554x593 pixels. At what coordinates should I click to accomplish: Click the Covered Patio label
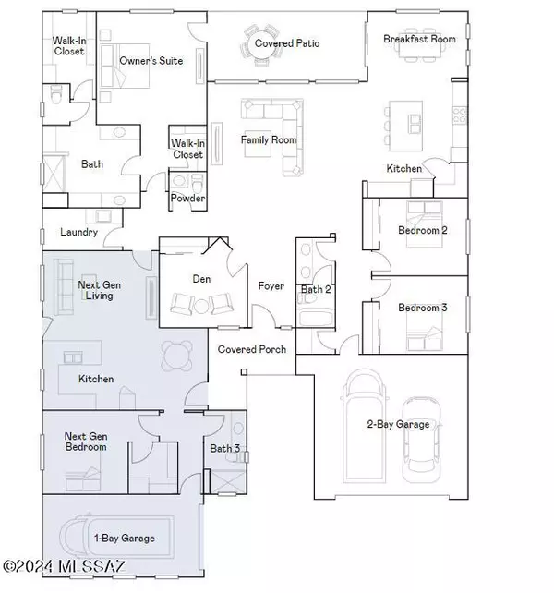click(287, 43)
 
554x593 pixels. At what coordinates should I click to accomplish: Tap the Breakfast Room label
click(419, 39)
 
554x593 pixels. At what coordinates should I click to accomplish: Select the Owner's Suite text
click(151, 61)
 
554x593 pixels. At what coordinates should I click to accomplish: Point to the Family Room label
click(269, 139)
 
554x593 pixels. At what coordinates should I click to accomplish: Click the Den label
click(201, 279)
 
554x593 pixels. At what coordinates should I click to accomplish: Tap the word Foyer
click(271, 286)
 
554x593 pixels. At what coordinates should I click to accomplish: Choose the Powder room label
click(187, 198)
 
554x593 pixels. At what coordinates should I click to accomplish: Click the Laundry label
click(79, 232)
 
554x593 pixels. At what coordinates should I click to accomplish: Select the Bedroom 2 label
click(422, 230)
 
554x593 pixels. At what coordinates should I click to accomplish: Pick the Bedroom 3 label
click(422, 308)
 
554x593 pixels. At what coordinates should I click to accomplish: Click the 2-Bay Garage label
click(398, 424)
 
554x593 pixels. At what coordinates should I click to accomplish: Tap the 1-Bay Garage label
click(125, 538)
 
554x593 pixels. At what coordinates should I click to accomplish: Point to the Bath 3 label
click(224, 449)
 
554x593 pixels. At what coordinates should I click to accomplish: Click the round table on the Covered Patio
click(259, 45)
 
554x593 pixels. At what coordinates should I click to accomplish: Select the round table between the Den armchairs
click(200, 306)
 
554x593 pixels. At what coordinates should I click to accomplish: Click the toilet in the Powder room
click(198, 183)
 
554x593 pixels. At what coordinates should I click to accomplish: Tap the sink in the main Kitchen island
click(414, 124)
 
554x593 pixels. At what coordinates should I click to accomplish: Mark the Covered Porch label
click(252, 349)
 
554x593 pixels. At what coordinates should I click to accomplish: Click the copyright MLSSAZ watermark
click(64, 566)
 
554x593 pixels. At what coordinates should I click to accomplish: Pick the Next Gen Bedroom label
click(86, 442)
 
